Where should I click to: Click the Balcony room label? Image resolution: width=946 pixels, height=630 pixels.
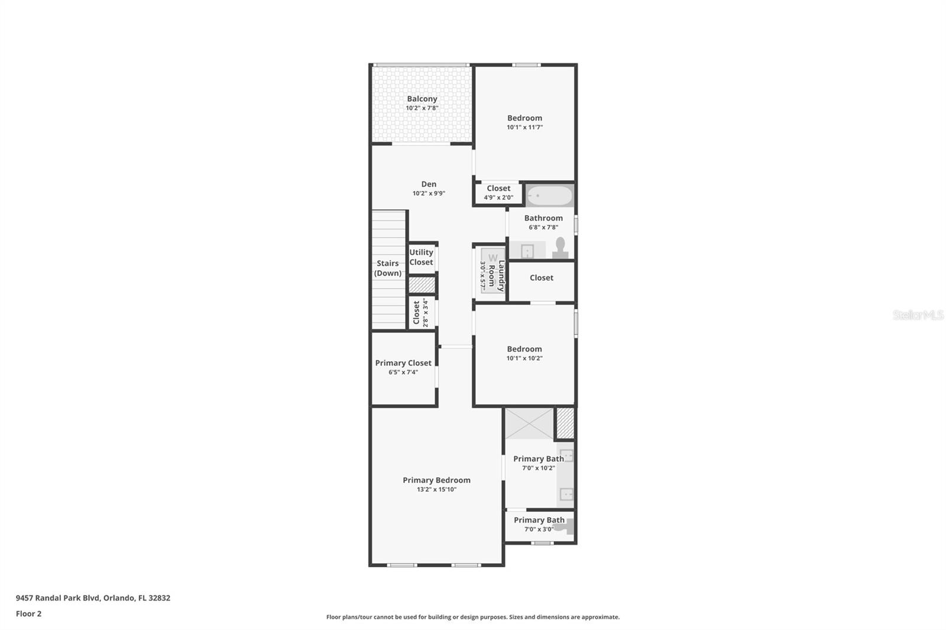coord(422,99)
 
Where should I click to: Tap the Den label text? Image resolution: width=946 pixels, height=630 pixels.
coord(429,184)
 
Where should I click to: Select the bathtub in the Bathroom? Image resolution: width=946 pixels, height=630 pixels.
coord(550,196)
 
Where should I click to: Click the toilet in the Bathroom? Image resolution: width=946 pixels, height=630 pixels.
coord(561,248)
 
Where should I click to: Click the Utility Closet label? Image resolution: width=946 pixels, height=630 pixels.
coord(421,257)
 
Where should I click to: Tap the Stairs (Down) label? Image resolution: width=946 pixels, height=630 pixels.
coord(388,268)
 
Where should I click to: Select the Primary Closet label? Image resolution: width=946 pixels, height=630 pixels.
coord(403,363)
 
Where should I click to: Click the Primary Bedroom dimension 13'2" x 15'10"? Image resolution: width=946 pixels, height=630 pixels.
coord(437,489)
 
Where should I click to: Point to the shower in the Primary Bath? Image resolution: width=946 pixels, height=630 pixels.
coord(529,424)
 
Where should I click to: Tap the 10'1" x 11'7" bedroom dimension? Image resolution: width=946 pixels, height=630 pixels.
coord(525,127)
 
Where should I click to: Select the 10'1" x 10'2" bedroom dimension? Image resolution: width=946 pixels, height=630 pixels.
coord(524,358)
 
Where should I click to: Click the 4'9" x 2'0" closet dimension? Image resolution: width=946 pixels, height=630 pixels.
coord(499,197)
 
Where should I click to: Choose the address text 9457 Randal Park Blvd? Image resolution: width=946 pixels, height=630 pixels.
coord(58,598)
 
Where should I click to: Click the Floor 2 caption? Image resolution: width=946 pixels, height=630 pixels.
coord(29,614)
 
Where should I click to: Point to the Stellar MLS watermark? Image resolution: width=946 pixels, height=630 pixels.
coord(918,315)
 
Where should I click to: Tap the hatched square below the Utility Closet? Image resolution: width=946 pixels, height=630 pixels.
coord(422,285)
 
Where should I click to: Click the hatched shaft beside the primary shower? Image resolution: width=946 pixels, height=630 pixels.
coord(565,423)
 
